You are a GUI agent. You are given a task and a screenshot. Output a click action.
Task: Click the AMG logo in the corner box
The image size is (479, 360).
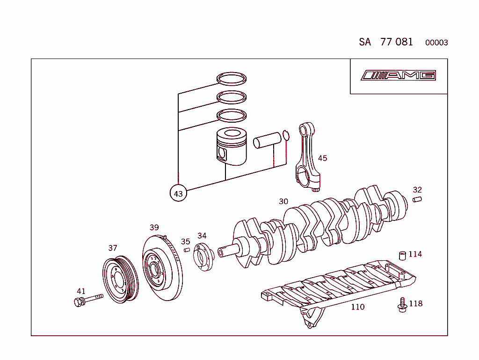pos(399,75)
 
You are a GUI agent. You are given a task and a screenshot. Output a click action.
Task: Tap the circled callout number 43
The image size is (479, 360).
pos(178,193)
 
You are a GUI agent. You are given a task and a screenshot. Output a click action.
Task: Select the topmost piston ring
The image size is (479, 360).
pos(232,79)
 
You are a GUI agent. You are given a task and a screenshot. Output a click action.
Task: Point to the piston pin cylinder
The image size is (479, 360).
pos(266,141)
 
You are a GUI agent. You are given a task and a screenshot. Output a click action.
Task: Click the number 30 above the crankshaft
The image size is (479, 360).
pos(283,201)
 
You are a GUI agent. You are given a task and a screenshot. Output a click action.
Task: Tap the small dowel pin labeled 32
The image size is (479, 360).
pos(417,200)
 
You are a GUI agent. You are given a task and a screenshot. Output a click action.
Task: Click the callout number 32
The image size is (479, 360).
pos(417,190)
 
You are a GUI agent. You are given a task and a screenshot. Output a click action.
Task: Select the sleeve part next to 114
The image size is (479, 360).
pos(401,255)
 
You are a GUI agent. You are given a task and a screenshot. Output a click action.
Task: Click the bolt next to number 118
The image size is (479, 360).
pos(401,305)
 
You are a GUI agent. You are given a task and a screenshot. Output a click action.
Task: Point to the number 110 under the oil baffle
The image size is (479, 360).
pos(357,307)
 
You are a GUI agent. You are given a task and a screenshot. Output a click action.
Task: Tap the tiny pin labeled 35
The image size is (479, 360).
pos(187,250)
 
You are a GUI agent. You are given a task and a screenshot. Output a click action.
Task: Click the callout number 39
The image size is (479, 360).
pos(154,228)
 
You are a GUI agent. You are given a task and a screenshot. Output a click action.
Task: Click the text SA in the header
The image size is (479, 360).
pos(365,42)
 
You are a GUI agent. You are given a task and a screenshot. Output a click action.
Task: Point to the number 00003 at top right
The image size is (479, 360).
pos(436,43)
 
